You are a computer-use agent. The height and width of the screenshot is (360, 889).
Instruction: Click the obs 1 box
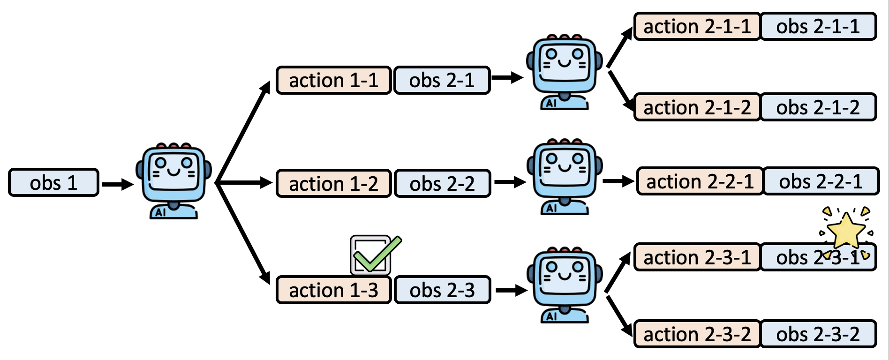(53, 183)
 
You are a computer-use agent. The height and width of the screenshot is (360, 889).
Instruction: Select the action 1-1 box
(333, 81)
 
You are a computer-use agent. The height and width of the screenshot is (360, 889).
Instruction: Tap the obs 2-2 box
(442, 184)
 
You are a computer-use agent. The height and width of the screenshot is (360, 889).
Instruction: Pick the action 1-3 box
(333, 290)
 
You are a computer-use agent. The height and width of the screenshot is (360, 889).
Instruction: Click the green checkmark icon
(376, 255)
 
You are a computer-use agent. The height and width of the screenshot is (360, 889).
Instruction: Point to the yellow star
(846, 230)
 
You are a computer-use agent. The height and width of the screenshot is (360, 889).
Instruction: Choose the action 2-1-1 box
(697, 27)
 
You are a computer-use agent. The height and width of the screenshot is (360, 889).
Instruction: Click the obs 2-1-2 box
(818, 107)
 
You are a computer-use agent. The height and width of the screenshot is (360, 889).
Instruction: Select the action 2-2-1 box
(700, 181)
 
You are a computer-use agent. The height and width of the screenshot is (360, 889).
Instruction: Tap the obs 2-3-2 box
(818, 334)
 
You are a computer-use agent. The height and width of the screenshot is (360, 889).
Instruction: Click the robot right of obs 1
(174, 181)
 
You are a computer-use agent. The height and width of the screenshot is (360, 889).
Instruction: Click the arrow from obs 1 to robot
(117, 184)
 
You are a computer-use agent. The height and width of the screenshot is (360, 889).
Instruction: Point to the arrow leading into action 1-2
(244, 182)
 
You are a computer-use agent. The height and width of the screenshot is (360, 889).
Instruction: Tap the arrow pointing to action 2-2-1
(618, 181)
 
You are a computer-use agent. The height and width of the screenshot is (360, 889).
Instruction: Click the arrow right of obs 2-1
(507, 78)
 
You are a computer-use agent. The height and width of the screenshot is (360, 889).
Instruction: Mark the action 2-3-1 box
(697, 257)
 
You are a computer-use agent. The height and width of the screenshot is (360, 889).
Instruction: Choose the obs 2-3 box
(442, 290)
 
